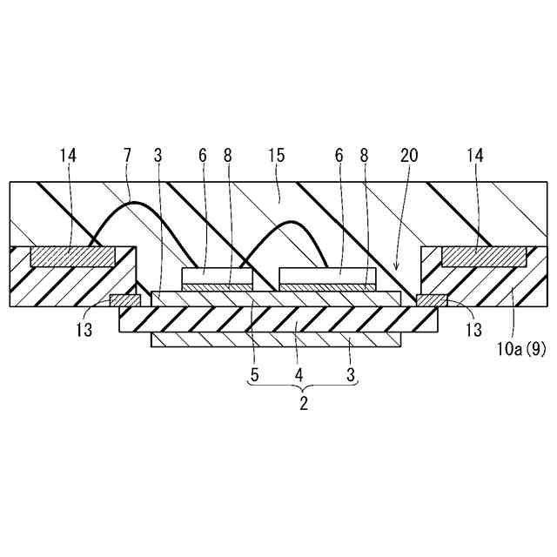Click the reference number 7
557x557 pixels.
[128, 156]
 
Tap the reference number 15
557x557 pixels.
[278, 156]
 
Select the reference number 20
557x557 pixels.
[409, 156]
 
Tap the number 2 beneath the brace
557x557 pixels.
[304, 404]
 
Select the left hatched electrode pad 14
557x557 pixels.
[73, 257]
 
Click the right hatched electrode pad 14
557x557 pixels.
[484, 257]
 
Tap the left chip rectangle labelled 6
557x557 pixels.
[217, 277]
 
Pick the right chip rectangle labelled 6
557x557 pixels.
[327, 277]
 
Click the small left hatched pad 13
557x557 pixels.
[124, 301]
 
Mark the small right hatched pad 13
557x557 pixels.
[432, 301]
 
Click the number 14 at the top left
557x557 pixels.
[69, 156]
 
